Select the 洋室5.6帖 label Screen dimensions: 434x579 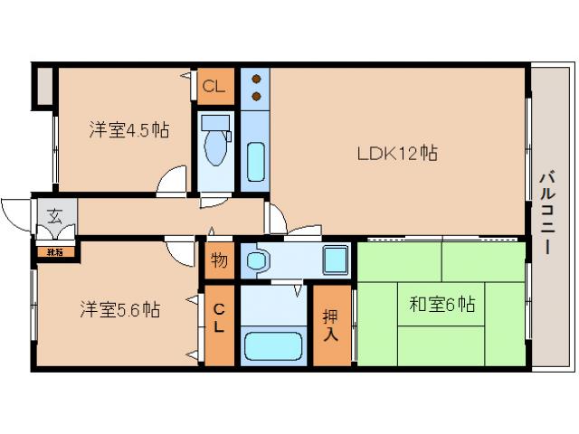(119, 309)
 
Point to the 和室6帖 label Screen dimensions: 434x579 (441, 305)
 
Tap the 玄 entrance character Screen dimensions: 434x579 (55, 217)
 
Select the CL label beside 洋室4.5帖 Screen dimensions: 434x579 (214, 88)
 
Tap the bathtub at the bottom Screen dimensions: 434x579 (273, 346)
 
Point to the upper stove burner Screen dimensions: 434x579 (255, 78)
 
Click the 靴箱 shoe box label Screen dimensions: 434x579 (55, 251)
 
